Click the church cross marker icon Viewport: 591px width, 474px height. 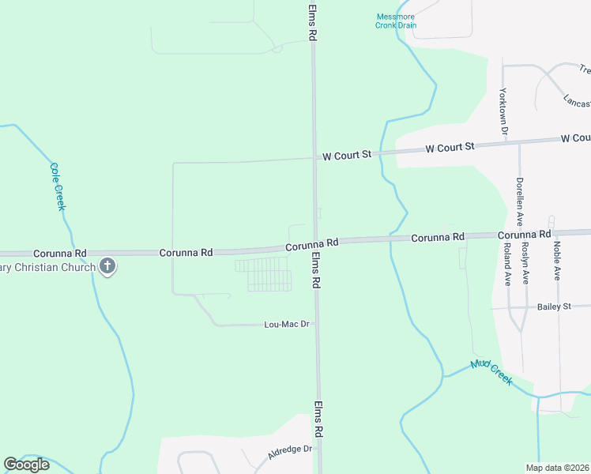pyautogui.click(x=107, y=267)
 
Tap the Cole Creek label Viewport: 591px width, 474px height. pyautogui.click(x=57, y=186)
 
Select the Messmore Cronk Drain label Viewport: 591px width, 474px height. pyautogui.click(x=395, y=21)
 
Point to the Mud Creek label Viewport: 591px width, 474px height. pyautogui.click(x=491, y=372)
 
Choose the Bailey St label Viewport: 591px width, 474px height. pyautogui.click(x=554, y=307)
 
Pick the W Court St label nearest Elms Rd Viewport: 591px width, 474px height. pyautogui.click(x=346, y=156)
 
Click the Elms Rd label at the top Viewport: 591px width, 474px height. pyautogui.click(x=313, y=22)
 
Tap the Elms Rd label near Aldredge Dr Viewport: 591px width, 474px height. pyautogui.click(x=319, y=419)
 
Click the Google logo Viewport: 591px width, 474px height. pyautogui.click(x=27, y=465)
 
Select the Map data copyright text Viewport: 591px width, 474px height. pyautogui.click(x=555, y=468)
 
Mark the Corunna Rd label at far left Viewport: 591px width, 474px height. pyautogui.click(x=59, y=254)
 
